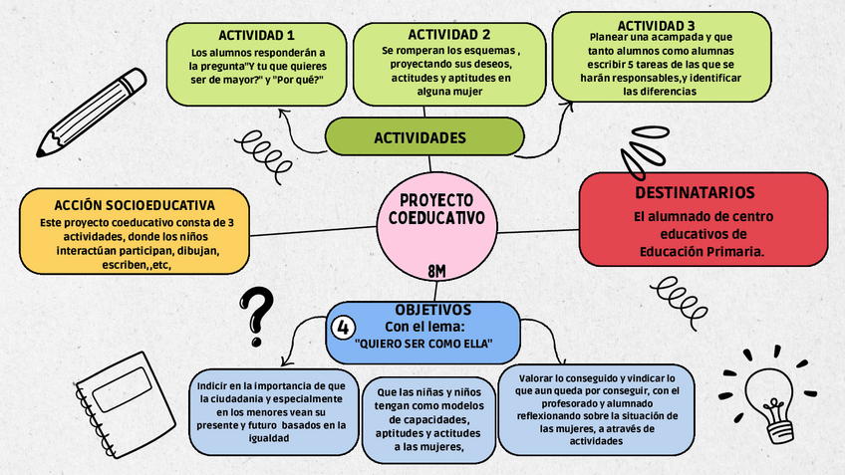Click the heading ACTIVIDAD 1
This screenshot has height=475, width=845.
(x=256, y=36)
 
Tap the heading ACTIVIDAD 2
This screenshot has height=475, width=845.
(x=448, y=35)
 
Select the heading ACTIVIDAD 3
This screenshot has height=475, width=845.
(x=656, y=26)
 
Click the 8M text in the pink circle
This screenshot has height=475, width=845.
(x=436, y=270)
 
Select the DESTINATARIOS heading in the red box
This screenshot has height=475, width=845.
(x=695, y=192)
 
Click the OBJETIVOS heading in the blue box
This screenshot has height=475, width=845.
(x=432, y=310)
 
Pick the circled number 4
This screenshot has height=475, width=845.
(x=343, y=327)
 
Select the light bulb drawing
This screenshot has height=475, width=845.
(x=770, y=393)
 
